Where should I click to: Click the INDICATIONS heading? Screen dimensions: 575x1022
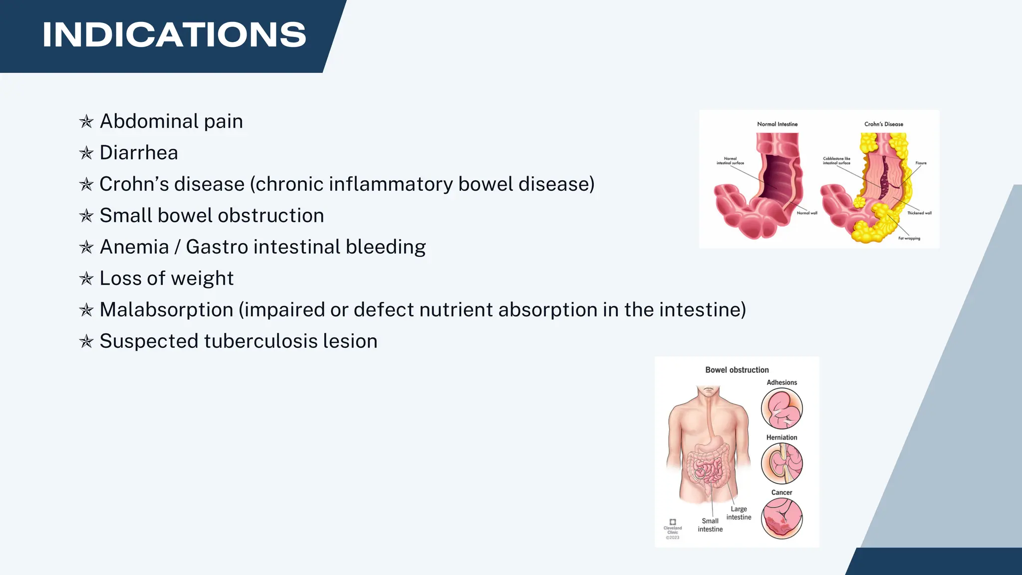(174, 35)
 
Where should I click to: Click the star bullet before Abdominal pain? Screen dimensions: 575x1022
(86, 122)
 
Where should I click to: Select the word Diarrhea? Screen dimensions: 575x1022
(139, 153)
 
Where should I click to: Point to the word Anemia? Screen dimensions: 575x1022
(134, 247)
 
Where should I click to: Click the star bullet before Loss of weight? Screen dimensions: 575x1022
(86, 279)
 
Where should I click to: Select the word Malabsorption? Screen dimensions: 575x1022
(166, 310)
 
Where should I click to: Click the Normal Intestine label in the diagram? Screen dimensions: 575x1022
(777, 124)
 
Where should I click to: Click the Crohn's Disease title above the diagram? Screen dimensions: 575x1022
(883, 124)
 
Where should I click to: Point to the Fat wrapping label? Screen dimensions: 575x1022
(909, 239)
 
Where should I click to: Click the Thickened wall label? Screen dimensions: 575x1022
(919, 213)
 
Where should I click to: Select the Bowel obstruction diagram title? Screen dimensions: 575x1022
(737, 370)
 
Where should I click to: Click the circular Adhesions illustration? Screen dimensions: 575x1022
(781, 409)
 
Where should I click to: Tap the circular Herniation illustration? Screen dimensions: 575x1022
(781, 464)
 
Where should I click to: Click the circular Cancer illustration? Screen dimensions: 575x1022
(781, 519)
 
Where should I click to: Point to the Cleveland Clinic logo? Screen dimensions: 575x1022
(672, 523)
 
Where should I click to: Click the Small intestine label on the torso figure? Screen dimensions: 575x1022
(710, 525)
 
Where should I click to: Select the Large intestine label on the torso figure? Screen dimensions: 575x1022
(739, 513)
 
